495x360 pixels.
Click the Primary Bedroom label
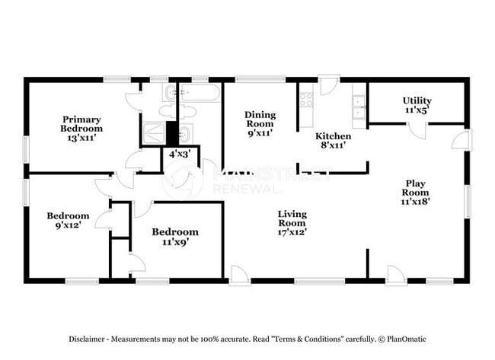coord(81,124)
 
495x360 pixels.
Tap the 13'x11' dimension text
coord(81,138)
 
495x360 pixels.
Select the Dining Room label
coord(260,119)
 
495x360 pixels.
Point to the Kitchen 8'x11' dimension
coord(333,145)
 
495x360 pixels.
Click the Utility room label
coord(417,100)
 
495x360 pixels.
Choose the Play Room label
coord(415,188)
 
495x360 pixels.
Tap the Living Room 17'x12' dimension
coord(292,232)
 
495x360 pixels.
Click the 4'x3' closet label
coord(180,155)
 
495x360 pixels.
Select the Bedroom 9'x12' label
coord(68,220)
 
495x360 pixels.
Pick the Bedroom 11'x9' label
coord(175,237)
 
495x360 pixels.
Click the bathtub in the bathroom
coord(200,92)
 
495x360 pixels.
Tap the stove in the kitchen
coord(306,100)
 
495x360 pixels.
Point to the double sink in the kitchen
coord(359,107)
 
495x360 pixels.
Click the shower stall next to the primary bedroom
coord(154,132)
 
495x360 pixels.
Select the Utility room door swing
coord(417,131)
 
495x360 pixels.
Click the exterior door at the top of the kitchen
coord(329,85)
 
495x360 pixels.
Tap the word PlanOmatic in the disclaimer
coord(407,339)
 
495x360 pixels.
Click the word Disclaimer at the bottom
coord(87,339)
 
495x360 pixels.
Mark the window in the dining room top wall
coord(260,79)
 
